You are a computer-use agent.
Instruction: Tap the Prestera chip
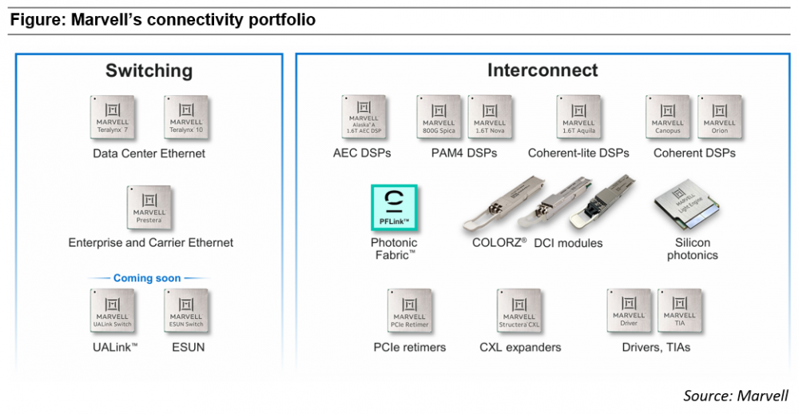(x=149, y=208)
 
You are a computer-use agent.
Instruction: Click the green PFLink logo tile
(x=394, y=208)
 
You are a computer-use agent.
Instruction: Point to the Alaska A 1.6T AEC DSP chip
(x=364, y=117)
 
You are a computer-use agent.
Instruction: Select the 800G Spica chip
(x=439, y=117)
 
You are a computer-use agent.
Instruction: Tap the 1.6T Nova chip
(x=489, y=117)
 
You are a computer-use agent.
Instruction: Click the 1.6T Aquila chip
(x=578, y=117)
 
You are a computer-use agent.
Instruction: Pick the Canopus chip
(x=668, y=117)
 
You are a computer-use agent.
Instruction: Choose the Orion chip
(x=719, y=117)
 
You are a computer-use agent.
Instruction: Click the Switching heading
(x=149, y=70)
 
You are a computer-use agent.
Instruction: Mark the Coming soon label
(x=147, y=278)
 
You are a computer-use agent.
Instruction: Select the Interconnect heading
(x=543, y=70)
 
